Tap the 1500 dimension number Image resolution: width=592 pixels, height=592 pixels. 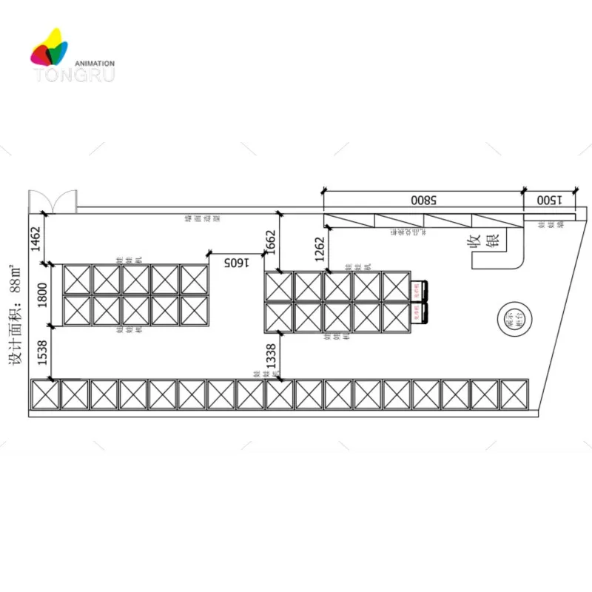[x=550, y=200]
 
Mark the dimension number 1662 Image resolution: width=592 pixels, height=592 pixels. [x=271, y=242]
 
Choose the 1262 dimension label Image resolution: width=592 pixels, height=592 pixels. [x=320, y=249]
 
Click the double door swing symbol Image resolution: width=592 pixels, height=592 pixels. [x=53, y=201]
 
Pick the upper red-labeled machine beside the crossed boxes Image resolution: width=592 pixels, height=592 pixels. [x=420, y=289]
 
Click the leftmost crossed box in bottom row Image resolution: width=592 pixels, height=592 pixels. [x=44, y=394]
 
